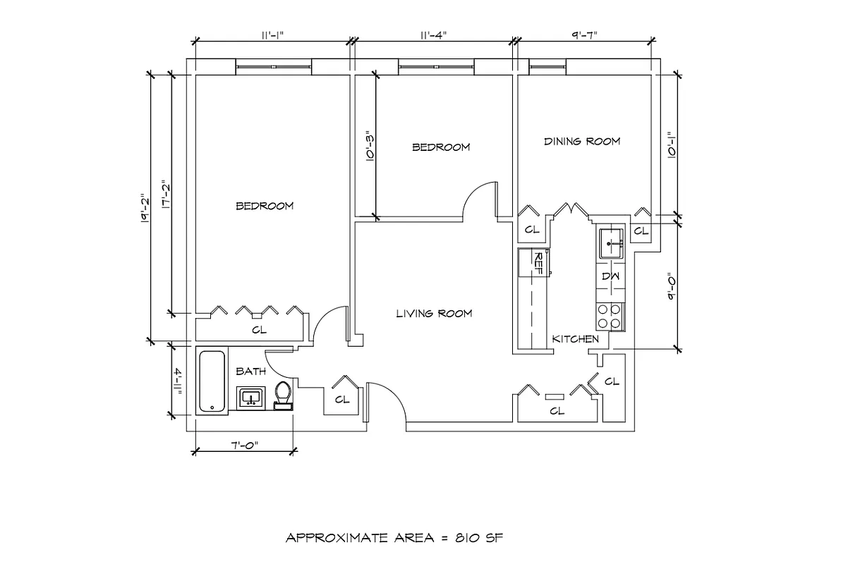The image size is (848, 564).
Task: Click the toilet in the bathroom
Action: [283, 395]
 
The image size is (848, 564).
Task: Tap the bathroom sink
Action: [250, 398]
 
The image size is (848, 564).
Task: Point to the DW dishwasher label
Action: [610, 276]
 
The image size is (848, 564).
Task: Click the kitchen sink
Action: [610, 244]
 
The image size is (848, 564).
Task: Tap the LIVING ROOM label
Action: [434, 314]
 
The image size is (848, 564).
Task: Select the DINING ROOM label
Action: [582, 141]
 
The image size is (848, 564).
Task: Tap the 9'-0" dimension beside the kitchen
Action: [672, 288]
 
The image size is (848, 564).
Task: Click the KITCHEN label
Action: [575, 339]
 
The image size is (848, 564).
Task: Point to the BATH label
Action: [250, 371]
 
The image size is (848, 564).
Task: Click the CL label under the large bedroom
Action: [259, 329]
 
